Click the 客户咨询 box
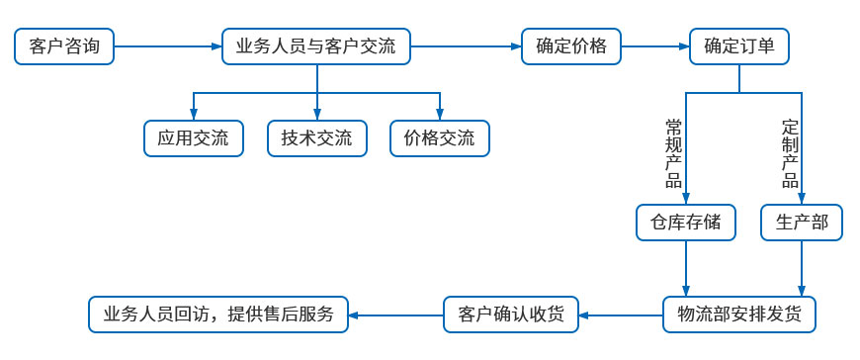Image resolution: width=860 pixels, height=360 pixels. pyautogui.click(x=64, y=46)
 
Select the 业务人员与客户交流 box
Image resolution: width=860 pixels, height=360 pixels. pyautogui.click(x=316, y=46)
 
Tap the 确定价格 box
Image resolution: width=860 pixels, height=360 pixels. pyautogui.click(x=570, y=46)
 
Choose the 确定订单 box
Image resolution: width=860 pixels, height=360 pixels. pyautogui.click(x=738, y=46)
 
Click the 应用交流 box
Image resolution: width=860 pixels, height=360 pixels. pyautogui.click(x=193, y=138)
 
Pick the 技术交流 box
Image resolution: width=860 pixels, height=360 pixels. pyautogui.click(x=316, y=138)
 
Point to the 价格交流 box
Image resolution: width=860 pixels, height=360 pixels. pyautogui.click(x=440, y=138)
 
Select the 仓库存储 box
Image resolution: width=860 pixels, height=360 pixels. pyautogui.click(x=686, y=223)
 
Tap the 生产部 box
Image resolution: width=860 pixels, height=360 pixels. pyautogui.click(x=801, y=223)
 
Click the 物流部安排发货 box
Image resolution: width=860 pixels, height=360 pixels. pyautogui.click(x=740, y=315)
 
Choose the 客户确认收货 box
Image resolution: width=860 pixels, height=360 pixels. pyautogui.click(x=511, y=315)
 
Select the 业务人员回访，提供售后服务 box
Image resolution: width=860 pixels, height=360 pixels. pyautogui.click(x=218, y=315)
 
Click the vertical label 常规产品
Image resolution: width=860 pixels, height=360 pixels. pyautogui.click(x=674, y=152)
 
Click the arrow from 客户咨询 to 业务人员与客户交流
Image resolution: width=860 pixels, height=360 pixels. pyautogui.click(x=168, y=46)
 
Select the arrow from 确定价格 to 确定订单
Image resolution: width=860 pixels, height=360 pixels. pyautogui.click(x=654, y=46)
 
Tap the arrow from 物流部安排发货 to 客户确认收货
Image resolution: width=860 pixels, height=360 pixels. pyautogui.click(x=621, y=315)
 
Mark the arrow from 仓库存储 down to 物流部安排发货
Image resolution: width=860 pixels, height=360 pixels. pyautogui.click(x=686, y=267)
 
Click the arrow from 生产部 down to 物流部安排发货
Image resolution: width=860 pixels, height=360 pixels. pyautogui.click(x=801, y=267)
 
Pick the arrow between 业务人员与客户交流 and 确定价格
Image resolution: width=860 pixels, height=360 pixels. pyautogui.click(x=466, y=46)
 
